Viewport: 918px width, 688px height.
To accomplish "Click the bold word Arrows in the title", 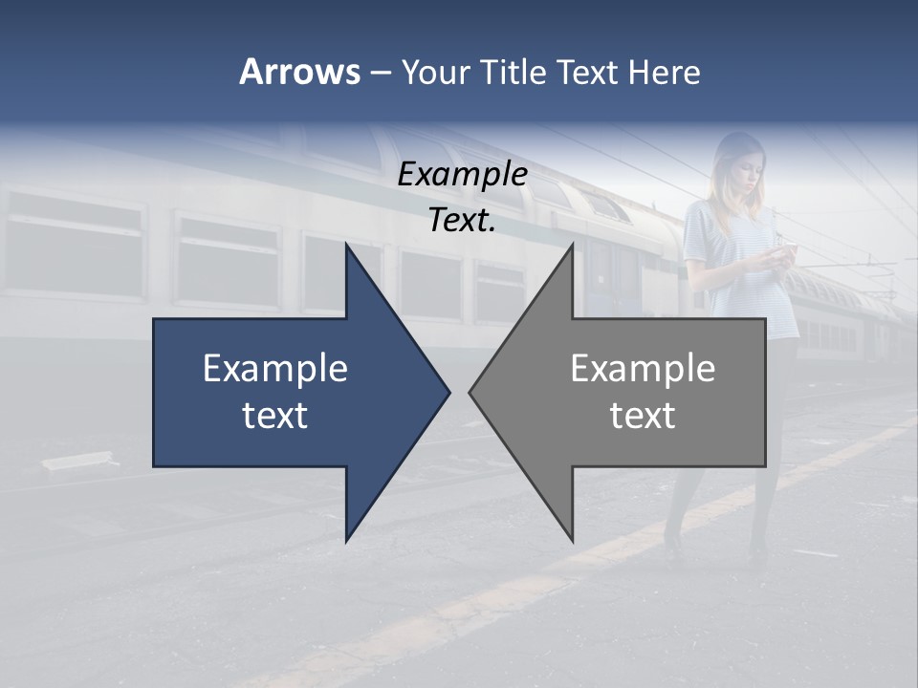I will tap(299, 72).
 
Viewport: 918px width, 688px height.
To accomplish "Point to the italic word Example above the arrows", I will tap(462, 174).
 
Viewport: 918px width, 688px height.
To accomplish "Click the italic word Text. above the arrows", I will tap(462, 220).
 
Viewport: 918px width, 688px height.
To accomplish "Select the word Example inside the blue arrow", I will tap(275, 368).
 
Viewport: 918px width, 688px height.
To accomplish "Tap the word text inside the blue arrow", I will tap(275, 415).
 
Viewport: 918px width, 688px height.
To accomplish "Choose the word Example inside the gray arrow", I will tap(643, 368).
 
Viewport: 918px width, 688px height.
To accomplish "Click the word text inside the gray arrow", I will tap(643, 415).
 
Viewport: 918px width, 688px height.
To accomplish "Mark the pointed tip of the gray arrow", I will tap(470, 392).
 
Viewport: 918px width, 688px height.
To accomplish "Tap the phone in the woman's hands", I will tap(782, 249).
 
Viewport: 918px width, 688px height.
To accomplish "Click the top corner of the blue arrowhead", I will tap(347, 246).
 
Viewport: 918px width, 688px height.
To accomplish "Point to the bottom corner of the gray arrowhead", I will tap(572, 541).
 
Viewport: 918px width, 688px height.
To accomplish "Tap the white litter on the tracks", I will tap(76, 461).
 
